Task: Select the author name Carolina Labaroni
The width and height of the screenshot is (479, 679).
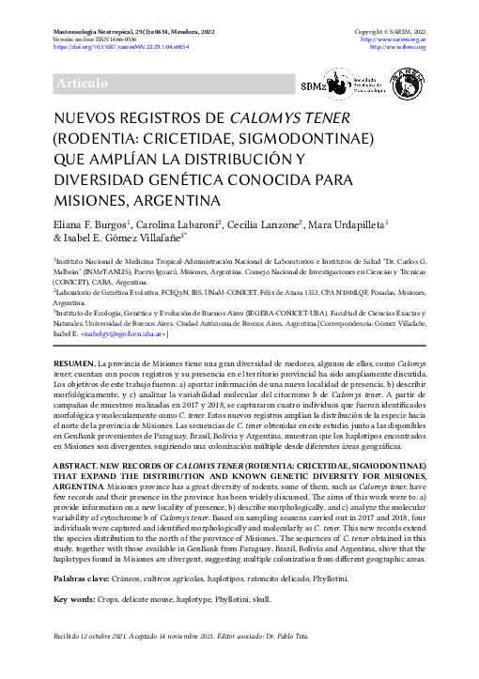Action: (x=178, y=225)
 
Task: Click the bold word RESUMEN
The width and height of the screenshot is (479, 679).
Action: (x=73, y=362)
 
